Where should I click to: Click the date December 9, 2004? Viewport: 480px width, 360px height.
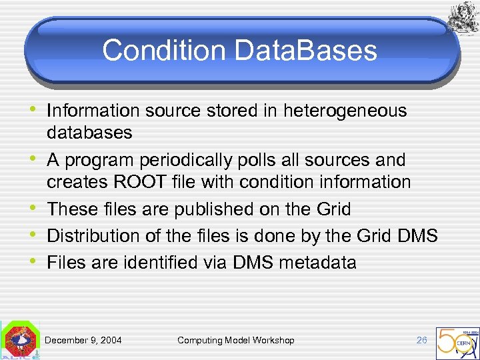pyautogui.click(x=83, y=340)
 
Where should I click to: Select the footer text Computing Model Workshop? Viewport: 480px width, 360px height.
pyautogui.click(x=235, y=340)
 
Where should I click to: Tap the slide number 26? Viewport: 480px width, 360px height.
pyautogui.click(x=421, y=340)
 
